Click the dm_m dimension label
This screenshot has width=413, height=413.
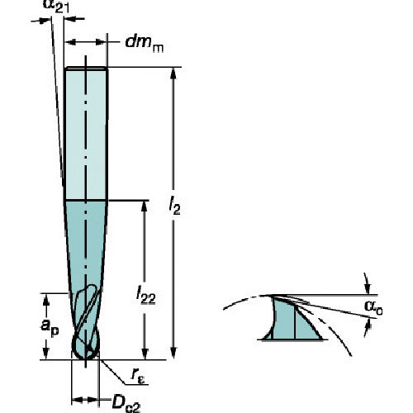(144, 44)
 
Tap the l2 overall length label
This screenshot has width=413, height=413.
(174, 206)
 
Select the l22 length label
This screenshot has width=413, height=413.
(145, 295)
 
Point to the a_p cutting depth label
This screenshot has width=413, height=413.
(50, 327)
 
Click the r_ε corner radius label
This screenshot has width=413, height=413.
(138, 375)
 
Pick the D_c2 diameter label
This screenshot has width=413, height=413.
(126, 404)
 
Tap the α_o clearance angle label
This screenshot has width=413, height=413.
(373, 307)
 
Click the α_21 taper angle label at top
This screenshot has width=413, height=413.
(56, 6)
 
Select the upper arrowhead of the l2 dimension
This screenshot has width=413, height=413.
(173, 74)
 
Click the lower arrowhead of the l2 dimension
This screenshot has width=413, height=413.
(173, 353)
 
